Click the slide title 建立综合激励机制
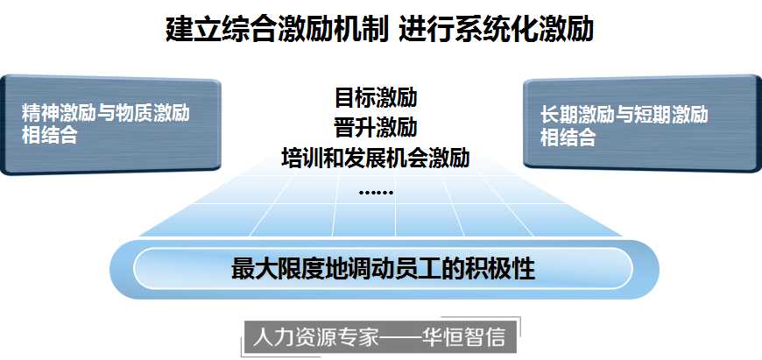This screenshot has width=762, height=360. (277, 30)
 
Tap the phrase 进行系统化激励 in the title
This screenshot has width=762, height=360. (497, 30)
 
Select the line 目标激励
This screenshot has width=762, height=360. (376, 97)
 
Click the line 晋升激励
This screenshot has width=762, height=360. (376, 127)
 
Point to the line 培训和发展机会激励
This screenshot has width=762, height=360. (376, 158)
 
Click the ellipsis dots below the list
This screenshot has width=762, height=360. (376, 193)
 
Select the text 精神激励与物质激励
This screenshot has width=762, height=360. (105, 113)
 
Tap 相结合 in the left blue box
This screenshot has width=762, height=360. (50, 135)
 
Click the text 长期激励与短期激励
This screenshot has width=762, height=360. (624, 115)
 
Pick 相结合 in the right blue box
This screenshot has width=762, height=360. (568, 137)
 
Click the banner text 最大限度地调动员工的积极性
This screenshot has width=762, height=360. (383, 269)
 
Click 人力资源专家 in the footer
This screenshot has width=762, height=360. (315, 336)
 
